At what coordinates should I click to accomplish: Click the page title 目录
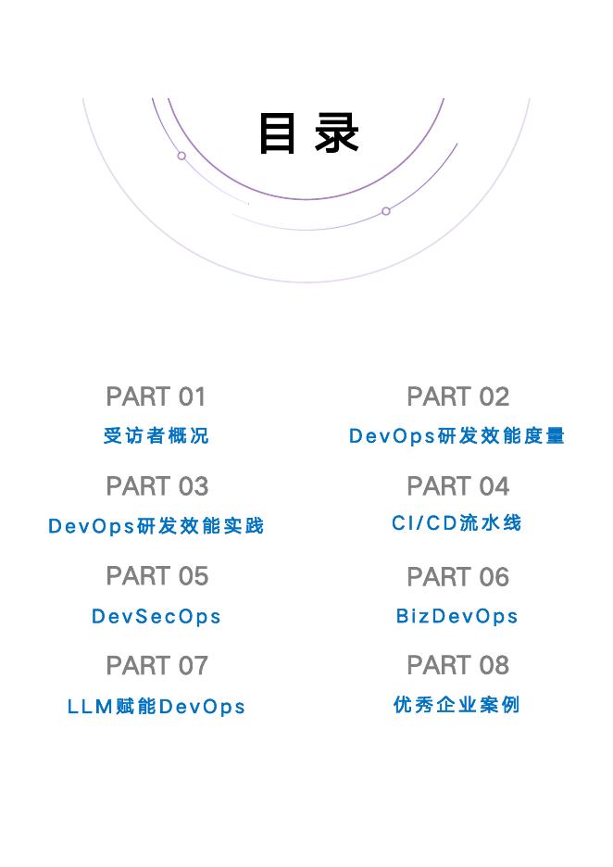(x=308, y=133)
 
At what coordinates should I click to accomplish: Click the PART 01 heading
(x=156, y=396)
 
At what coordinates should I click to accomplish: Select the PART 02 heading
(x=457, y=396)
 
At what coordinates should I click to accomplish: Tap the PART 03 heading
(x=156, y=486)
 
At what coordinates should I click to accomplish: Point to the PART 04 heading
(x=457, y=486)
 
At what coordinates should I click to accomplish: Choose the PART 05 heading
(x=156, y=576)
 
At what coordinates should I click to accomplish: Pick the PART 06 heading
(x=457, y=576)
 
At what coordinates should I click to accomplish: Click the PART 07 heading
(x=156, y=665)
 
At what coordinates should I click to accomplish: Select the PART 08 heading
(x=457, y=665)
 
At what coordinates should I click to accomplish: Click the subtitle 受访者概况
(x=156, y=435)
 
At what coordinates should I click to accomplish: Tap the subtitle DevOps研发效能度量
(x=457, y=435)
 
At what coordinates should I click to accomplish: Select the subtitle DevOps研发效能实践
(x=156, y=526)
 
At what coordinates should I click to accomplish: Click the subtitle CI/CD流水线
(x=457, y=523)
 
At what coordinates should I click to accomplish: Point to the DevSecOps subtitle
(x=156, y=617)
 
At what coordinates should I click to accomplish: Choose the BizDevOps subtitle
(x=457, y=617)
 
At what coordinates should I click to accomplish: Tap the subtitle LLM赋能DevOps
(x=156, y=707)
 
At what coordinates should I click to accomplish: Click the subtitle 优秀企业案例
(x=457, y=706)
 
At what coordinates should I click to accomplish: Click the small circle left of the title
(x=181, y=156)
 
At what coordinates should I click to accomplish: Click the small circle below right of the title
(x=386, y=211)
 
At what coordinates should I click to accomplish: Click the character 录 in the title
(x=337, y=133)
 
